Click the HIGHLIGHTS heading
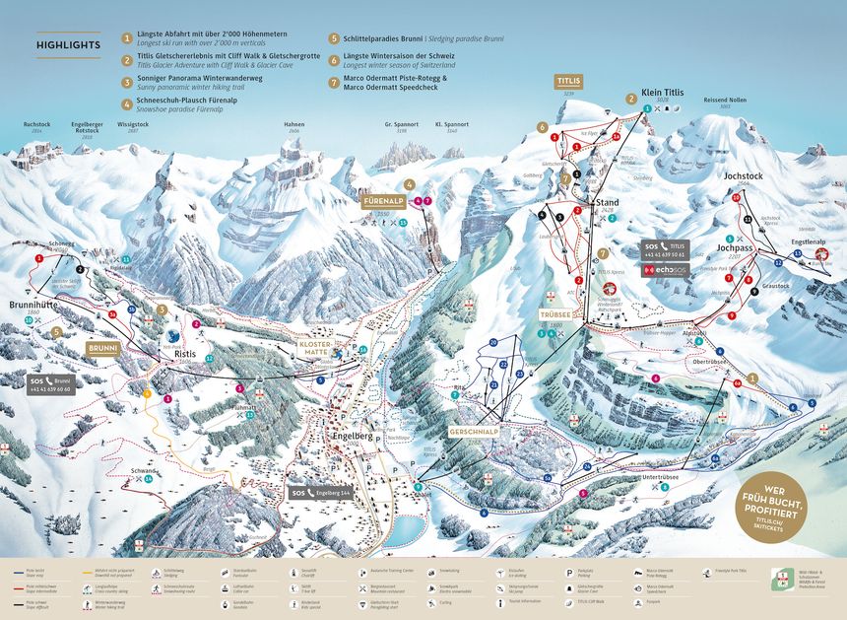(x=68, y=45)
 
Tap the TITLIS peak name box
(x=568, y=79)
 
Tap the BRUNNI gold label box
(x=102, y=348)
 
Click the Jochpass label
(x=733, y=249)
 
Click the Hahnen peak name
(x=293, y=126)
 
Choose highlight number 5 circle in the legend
(x=335, y=38)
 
